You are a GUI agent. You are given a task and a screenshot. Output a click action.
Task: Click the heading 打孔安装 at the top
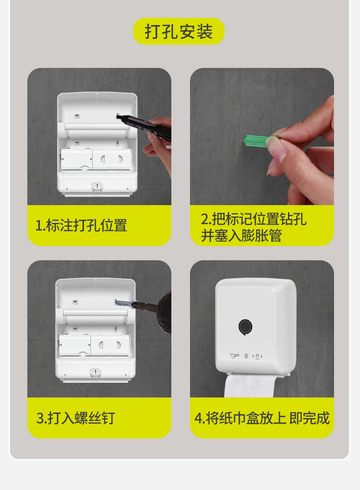179,31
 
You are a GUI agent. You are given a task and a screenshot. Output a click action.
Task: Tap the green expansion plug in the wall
255,140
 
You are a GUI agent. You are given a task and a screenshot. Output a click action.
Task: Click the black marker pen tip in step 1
118,117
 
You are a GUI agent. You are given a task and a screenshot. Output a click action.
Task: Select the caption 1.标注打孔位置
81,225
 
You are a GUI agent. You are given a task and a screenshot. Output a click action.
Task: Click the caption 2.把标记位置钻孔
253,219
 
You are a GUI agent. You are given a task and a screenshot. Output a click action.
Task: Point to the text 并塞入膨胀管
241,235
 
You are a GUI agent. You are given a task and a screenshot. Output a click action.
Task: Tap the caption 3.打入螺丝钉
76,418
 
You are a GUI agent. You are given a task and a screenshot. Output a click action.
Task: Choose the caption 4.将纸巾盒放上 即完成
262,418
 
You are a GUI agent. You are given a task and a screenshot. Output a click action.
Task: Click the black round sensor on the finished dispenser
245,327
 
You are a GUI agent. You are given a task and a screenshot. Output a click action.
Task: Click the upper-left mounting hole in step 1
77,116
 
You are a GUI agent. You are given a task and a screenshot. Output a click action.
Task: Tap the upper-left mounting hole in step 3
75,302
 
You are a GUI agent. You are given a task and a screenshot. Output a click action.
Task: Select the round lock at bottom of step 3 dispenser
95,372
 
